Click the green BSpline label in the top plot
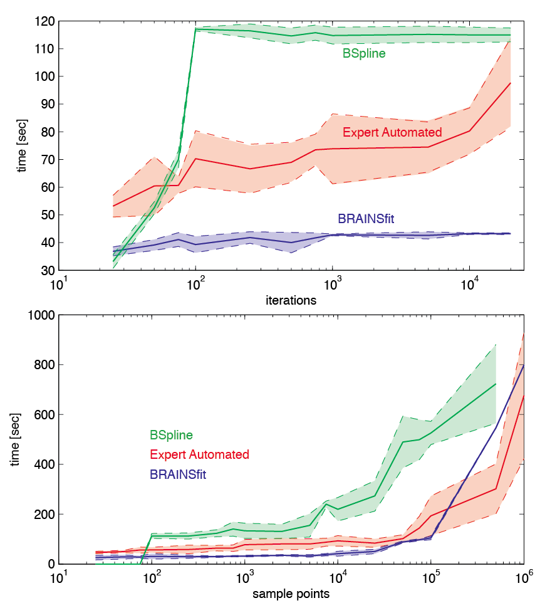[x=363, y=54]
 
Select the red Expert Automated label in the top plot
[x=392, y=132]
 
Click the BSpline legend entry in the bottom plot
[x=170, y=434]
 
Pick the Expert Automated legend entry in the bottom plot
[x=199, y=454]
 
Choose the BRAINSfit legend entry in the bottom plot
[x=178, y=474]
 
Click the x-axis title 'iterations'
[x=291, y=300]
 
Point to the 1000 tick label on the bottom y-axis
[x=38, y=315]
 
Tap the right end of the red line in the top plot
[x=511, y=83]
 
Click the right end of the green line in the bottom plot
[x=496, y=384]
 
